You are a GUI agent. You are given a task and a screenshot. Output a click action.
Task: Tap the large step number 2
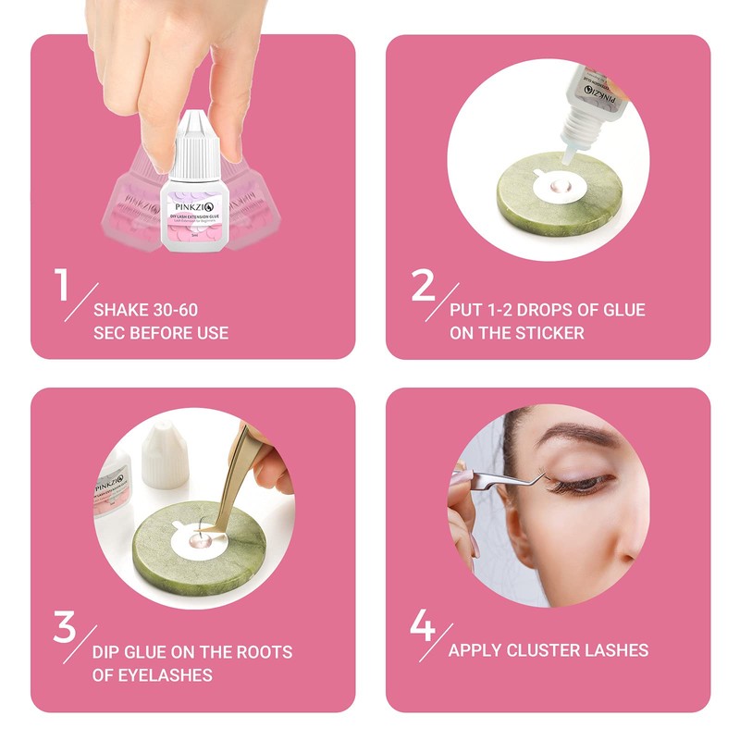[x=423, y=285]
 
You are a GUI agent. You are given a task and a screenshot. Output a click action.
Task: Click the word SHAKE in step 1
[x=124, y=309]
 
